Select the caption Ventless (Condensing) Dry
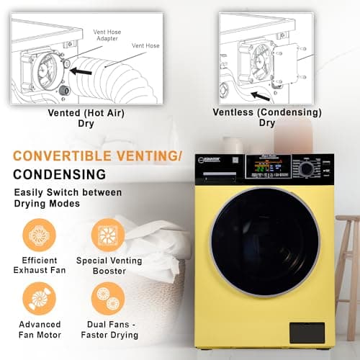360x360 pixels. click(x=267, y=118)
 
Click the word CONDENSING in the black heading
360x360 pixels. click(x=59, y=174)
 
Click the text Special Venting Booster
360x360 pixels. click(x=109, y=266)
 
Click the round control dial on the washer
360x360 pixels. click(x=307, y=168)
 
